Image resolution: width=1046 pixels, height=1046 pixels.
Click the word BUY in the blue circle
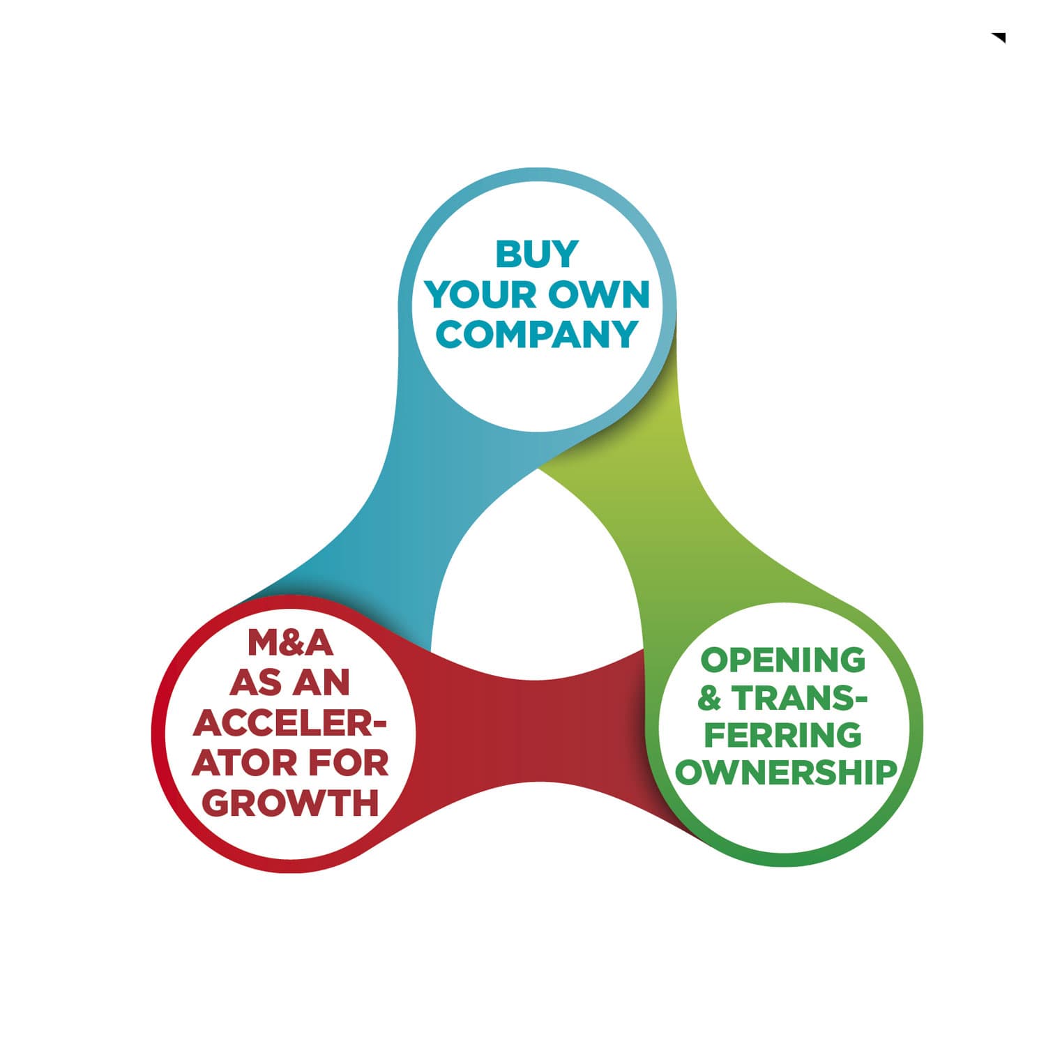[537, 254]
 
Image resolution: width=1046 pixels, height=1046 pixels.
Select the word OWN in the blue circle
[599, 295]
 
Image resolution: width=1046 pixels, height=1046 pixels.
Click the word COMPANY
[537, 334]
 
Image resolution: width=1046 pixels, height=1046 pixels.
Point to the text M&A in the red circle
[290, 643]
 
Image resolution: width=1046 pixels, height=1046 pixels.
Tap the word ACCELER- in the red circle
[290, 723]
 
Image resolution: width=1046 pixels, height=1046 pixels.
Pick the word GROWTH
[290, 803]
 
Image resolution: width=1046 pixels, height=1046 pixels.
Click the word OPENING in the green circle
[782, 660]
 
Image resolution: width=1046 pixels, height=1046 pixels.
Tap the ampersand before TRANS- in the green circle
[709, 699]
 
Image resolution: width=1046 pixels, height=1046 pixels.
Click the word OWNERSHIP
[786, 773]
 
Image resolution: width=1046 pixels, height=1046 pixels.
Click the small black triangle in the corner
[1000, 37]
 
